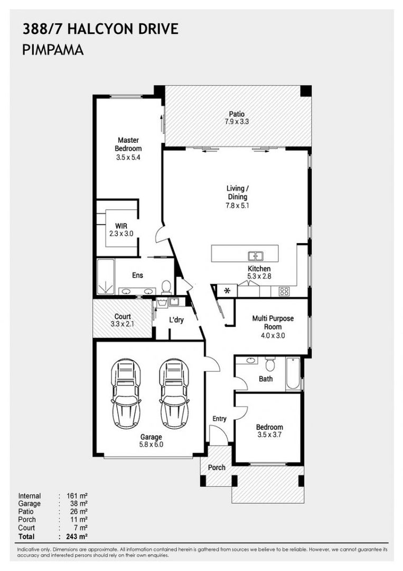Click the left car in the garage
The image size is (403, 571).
126,393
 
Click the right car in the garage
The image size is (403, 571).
174,393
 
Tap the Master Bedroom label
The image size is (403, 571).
128,144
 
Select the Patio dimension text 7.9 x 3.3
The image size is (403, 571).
237,122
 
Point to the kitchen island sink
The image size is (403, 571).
256,256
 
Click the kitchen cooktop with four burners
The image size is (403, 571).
284,291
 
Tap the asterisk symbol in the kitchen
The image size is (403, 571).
228,291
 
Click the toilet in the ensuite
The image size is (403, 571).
166,287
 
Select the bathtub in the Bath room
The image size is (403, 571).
293,374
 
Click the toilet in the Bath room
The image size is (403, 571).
270,364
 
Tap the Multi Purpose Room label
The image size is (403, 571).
273,323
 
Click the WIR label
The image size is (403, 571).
121,226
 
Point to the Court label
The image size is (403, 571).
123,317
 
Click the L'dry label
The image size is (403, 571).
176,320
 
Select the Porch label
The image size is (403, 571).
217,467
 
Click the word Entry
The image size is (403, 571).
219,419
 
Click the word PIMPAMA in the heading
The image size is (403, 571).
53,50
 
